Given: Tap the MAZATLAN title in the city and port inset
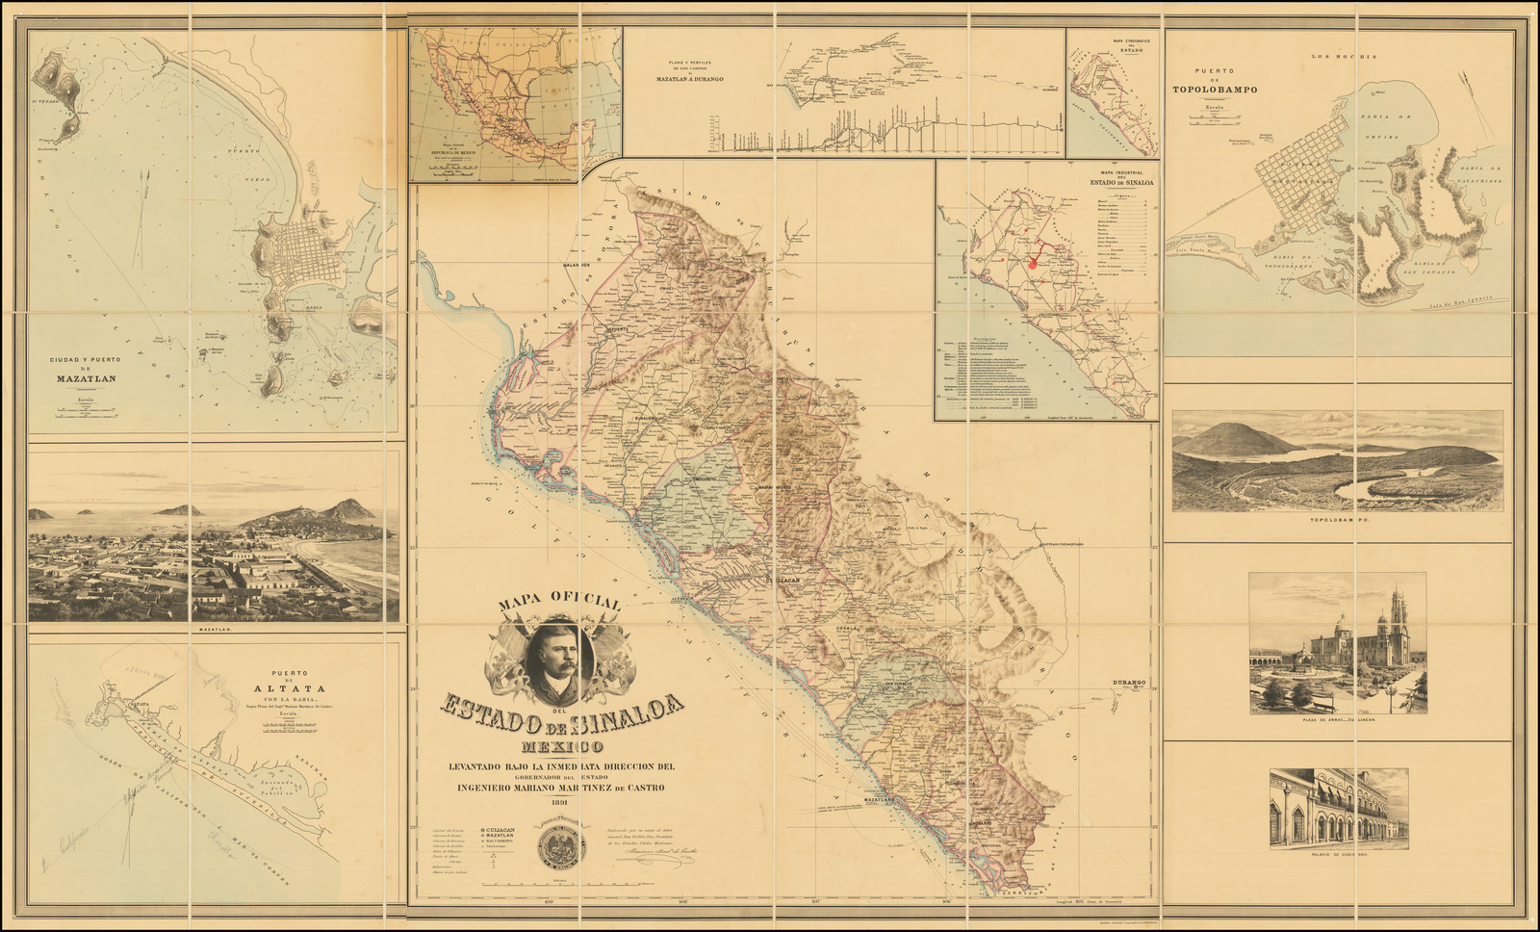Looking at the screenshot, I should pos(85,378).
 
